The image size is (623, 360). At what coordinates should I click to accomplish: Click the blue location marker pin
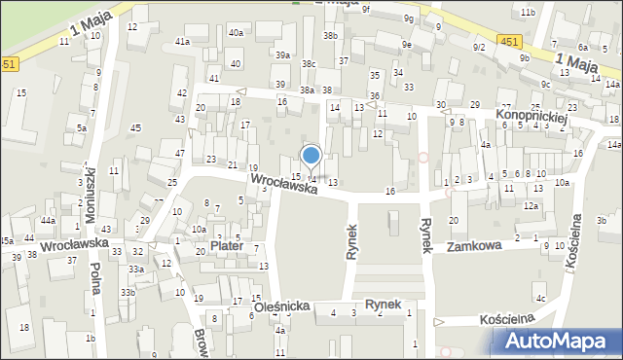pyautogui.click(x=311, y=156)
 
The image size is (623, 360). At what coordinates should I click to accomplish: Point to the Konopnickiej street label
pyautogui.click(x=532, y=116)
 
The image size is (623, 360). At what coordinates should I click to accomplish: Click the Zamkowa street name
pyautogui.click(x=474, y=246)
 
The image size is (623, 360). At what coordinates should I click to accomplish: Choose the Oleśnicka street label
pyautogui.click(x=282, y=306)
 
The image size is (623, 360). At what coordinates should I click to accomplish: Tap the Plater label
pyautogui.click(x=226, y=247)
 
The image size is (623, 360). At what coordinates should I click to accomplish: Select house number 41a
pyautogui.click(x=182, y=42)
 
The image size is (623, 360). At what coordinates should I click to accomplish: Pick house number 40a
pyautogui.click(x=236, y=33)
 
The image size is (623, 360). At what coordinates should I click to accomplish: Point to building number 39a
pyautogui.click(x=282, y=55)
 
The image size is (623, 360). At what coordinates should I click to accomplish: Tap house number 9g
pyautogui.click(x=409, y=18)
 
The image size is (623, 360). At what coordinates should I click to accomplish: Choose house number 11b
pyautogui.click(x=527, y=12)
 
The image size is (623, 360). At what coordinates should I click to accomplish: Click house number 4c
pyautogui.click(x=540, y=298)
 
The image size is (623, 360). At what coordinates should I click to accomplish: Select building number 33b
pyautogui.click(x=128, y=292)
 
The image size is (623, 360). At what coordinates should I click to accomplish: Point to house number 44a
pyautogui.click(x=48, y=221)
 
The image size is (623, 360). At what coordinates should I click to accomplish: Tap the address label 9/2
pyautogui.click(x=478, y=47)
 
